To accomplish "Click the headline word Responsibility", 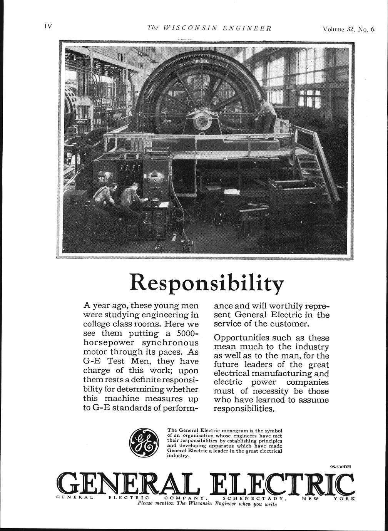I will point(207,283).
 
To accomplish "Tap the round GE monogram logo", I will point(143,443).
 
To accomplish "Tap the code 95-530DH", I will point(341,467).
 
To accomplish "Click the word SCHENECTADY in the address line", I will point(255,498).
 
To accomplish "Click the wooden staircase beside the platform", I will point(316,169).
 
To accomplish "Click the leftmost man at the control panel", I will point(104,196).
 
